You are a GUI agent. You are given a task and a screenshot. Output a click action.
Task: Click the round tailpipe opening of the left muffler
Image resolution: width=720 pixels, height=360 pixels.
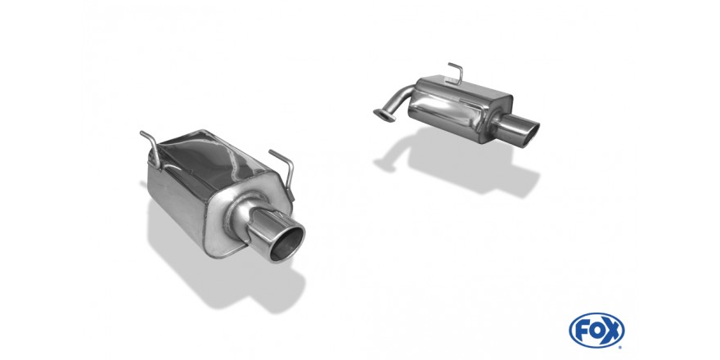coord(288,243)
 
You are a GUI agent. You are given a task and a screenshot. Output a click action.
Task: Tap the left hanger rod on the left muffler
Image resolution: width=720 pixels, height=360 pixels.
coord(151,148)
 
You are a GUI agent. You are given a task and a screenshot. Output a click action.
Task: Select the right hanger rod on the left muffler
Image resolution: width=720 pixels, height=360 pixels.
coord(284,170)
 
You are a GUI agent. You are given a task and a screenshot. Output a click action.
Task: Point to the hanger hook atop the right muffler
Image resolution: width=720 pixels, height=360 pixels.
coord(457,73)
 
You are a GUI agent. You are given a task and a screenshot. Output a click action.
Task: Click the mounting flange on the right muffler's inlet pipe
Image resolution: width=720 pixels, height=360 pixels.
coord(385,115)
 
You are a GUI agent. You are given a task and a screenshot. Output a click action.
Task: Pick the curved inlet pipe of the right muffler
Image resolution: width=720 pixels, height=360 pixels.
coord(398,101)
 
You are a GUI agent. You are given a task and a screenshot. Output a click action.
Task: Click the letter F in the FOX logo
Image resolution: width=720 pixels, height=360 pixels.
coord(582,331)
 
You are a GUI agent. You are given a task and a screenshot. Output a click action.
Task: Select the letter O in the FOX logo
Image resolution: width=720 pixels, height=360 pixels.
coord(596,331)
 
